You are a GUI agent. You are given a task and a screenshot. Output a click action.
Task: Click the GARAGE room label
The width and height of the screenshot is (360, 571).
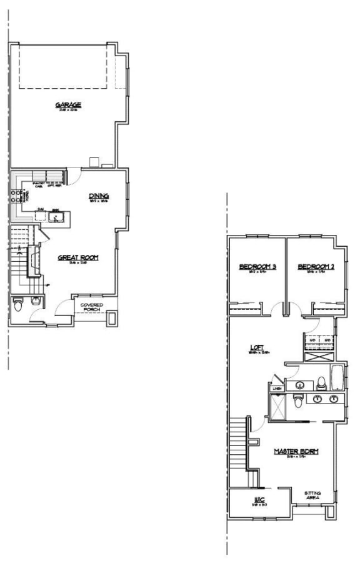(68, 106)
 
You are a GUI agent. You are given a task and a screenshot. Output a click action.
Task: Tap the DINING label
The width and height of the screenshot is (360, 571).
(99, 196)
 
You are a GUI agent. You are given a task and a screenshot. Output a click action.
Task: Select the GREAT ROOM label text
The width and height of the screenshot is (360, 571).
(78, 257)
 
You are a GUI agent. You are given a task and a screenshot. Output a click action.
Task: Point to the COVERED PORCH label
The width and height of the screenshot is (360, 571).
(92, 307)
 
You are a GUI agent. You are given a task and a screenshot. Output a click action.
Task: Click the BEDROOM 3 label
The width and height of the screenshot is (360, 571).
(257, 267)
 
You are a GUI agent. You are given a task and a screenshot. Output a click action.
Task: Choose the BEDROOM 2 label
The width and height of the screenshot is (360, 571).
(316, 267)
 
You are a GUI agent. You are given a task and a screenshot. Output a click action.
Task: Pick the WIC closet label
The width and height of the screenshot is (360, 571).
(260, 499)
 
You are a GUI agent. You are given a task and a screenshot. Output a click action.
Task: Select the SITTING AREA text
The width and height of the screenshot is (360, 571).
(312, 495)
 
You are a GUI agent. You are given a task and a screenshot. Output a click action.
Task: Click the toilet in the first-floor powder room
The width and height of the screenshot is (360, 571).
(17, 305)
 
